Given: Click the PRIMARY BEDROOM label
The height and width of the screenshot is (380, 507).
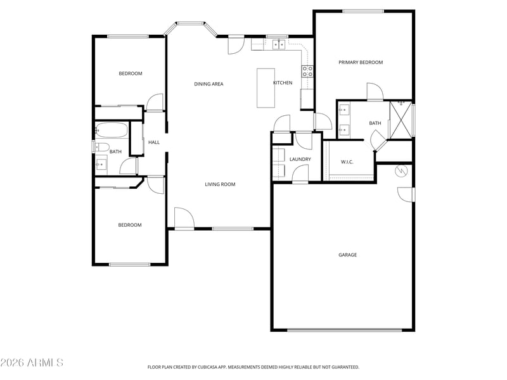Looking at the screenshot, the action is tap(361, 62).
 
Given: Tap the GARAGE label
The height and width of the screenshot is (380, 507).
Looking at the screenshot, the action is tap(347, 255).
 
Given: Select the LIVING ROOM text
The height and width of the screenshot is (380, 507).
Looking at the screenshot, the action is tap(220, 184).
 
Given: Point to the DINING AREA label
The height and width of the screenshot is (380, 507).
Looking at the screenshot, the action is tap(209, 84).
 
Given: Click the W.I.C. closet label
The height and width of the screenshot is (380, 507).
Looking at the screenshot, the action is tap(347, 162).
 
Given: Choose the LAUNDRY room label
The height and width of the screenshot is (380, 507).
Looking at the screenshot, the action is tap(300, 160).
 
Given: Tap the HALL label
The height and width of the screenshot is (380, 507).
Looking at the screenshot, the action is tap(154, 142).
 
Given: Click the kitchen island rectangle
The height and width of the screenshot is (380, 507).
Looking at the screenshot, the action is tap(266, 88).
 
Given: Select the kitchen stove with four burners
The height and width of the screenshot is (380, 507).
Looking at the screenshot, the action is tap(307, 72).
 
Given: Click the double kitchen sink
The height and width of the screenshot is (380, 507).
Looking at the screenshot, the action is tap(279, 44).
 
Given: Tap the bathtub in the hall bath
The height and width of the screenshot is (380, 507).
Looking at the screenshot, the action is tap(112, 130).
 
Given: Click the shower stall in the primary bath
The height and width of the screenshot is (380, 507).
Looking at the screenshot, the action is tap(401, 120).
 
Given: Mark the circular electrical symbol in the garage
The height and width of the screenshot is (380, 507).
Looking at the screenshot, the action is tap(401, 170).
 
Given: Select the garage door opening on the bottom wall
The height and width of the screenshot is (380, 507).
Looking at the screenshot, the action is tap(344, 330).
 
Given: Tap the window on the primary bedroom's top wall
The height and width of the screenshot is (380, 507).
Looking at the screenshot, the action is tap(363, 11).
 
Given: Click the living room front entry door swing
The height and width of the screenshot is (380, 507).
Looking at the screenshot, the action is tap(184, 218).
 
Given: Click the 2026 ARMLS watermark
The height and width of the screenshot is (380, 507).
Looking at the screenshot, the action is tap(32, 362).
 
